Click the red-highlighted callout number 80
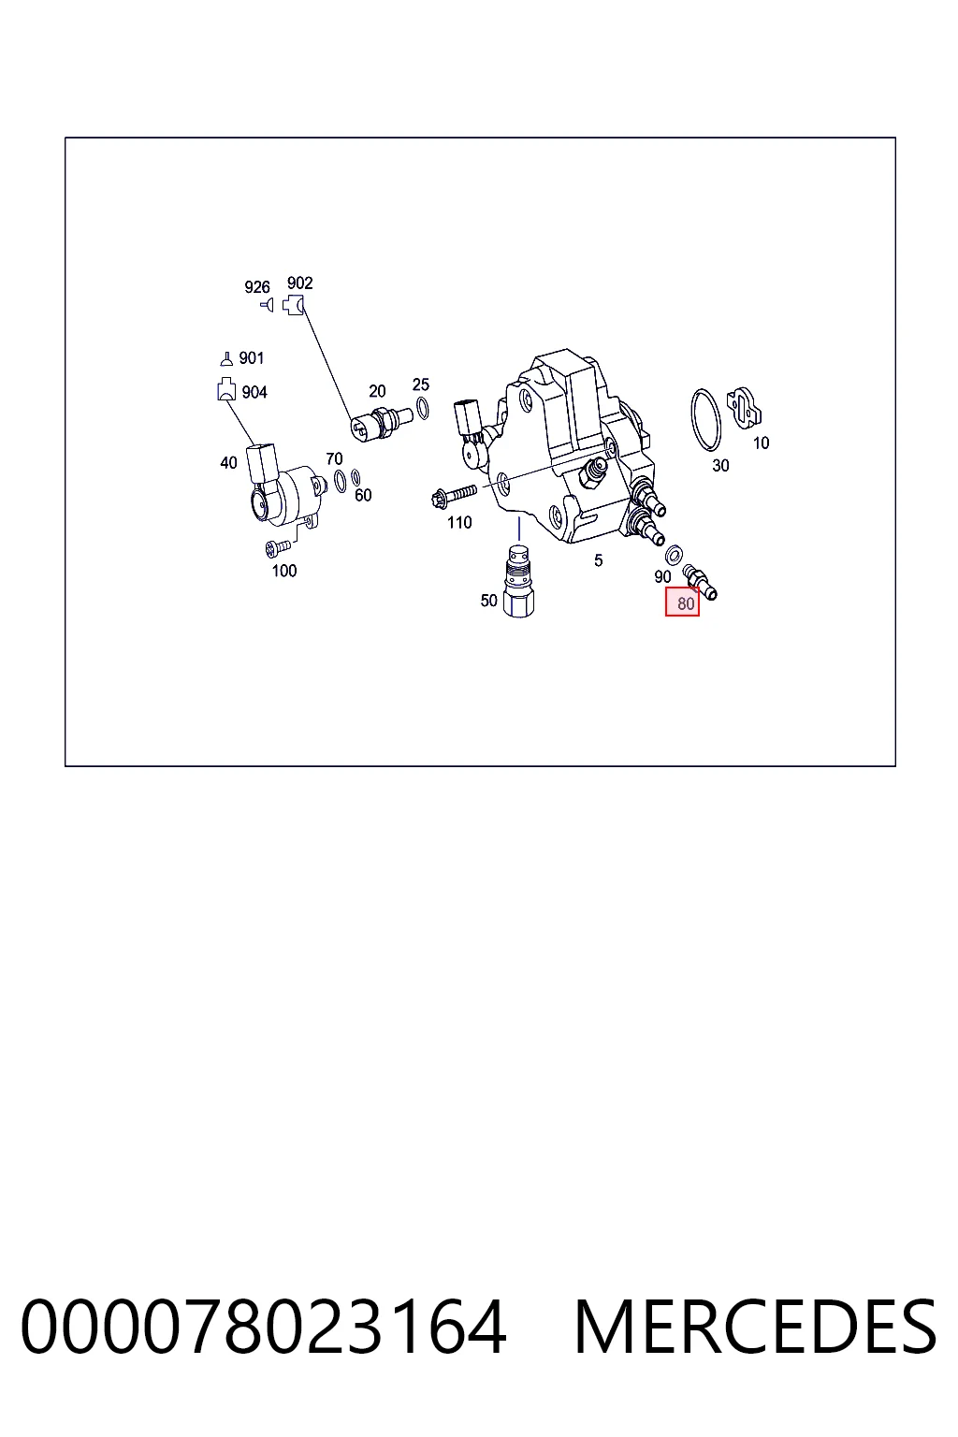[686, 603]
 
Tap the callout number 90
[662, 576]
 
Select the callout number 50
[489, 601]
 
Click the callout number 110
[459, 523]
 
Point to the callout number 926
[256, 287]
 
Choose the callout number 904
[254, 392]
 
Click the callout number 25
[420, 385]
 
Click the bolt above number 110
[454, 495]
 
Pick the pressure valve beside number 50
[518, 581]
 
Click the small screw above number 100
[277, 547]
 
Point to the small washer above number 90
[674, 554]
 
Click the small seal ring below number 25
[422, 408]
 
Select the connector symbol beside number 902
[293, 305]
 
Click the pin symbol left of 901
[225, 358]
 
